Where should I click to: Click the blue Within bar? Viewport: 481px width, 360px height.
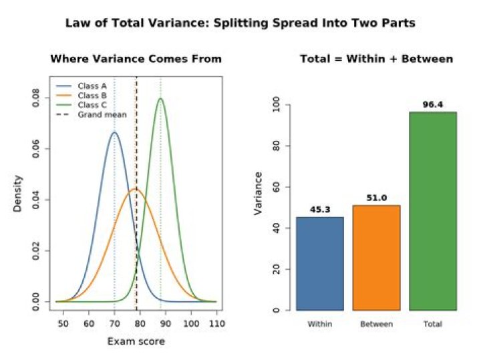click(x=320, y=264)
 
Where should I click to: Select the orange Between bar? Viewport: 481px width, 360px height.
click(x=376, y=258)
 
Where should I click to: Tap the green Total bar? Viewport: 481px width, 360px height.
click(x=433, y=211)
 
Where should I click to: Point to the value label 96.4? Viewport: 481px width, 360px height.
click(x=433, y=105)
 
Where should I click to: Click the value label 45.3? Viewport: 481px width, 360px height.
click(x=320, y=210)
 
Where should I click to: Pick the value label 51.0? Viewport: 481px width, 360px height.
click(x=376, y=198)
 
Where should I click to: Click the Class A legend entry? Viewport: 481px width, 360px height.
click(x=82, y=86)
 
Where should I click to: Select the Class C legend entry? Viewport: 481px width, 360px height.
click(x=82, y=105)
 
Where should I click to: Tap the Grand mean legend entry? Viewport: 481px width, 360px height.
click(x=91, y=115)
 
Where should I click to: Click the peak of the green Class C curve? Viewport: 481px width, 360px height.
click(x=161, y=98)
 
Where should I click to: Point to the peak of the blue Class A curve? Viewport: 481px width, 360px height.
click(x=114, y=132)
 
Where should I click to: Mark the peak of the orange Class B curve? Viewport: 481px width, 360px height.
click(x=135, y=189)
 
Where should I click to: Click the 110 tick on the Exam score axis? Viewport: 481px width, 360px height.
click(x=216, y=323)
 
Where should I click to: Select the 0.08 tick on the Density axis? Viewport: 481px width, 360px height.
click(x=35, y=98)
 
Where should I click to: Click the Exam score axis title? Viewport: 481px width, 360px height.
click(x=136, y=341)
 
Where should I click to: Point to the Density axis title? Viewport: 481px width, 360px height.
click(x=17, y=194)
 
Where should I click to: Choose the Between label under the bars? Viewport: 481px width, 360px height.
click(x=376, y=324)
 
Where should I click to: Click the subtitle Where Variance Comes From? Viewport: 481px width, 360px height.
click(x=136, y=59)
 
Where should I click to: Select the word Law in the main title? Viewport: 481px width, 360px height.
click(x=77, y=23)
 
